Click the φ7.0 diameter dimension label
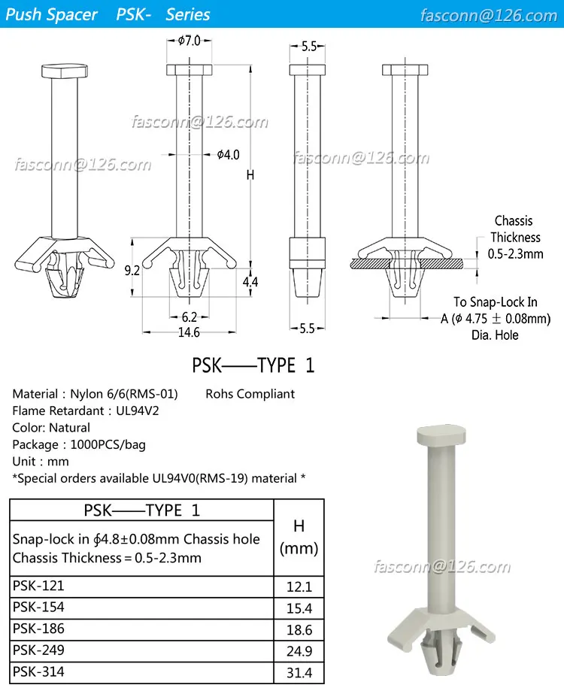[190, 41]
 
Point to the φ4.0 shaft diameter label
[228, 155]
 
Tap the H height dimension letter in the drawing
[250, 175]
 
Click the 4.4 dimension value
[250, 282]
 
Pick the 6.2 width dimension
[189, 317]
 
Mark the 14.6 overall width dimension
[189, 332]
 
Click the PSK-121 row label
[38, 586]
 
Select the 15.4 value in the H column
[299, 608]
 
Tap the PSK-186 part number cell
[38, 629]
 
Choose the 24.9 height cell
[299, 652]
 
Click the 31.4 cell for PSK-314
[299, 673]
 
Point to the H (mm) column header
[299, 537]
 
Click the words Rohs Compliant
[250, 393]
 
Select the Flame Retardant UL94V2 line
[86, 411]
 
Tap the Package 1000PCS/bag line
[79, 444]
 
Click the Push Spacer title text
[52, 14]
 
